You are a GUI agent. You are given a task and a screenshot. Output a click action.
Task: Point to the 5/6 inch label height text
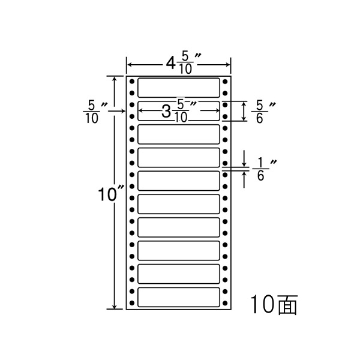262,112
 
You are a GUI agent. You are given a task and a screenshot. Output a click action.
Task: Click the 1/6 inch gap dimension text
262,169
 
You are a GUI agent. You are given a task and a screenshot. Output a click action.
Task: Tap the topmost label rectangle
179,87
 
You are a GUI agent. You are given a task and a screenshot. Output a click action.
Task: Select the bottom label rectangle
179,298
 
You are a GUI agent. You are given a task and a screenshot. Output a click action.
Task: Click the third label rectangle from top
179,134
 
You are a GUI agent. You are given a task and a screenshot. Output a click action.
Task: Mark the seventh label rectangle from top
179,227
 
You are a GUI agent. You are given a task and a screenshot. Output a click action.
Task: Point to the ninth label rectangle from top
179,275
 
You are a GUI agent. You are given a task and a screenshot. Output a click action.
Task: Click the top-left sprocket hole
132,81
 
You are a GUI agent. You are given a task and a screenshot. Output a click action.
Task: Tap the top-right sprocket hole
225,81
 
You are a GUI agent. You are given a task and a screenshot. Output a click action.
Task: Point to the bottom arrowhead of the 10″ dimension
114,306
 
